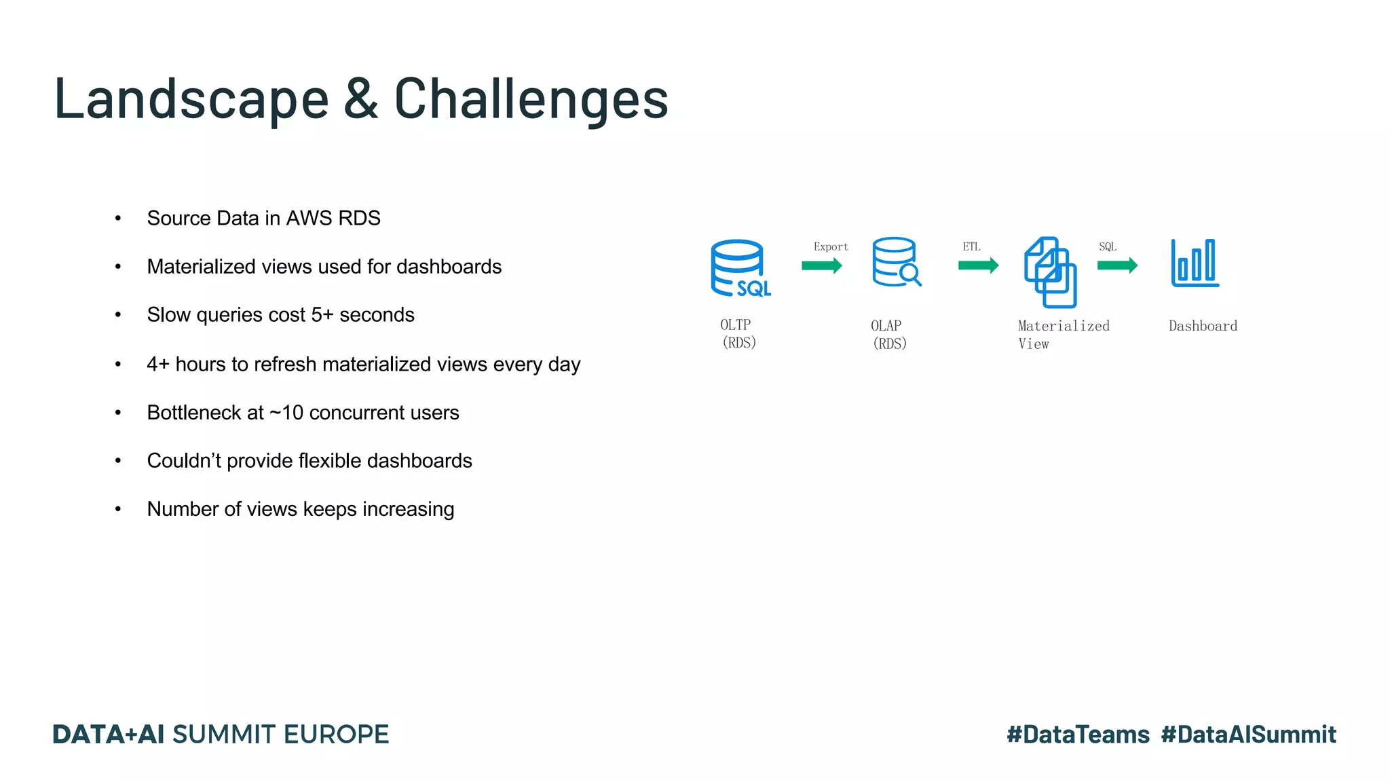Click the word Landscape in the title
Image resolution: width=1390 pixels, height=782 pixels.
coord(191,100)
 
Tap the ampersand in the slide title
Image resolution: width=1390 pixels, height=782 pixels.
coord(361,100)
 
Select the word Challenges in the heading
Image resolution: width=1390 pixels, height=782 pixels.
coord(531,100)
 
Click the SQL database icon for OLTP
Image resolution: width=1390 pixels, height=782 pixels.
coord(740,269)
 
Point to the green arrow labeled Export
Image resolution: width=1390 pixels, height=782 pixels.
coord(821,265)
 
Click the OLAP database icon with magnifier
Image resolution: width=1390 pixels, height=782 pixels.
coord(897,262)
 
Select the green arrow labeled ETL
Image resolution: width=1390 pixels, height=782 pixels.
coord(978,265)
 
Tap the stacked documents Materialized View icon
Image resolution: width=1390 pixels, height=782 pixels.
coord(1050,272)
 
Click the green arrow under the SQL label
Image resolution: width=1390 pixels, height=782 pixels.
coord(1117,265)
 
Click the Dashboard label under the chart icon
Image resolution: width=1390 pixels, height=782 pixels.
coord(1203,327)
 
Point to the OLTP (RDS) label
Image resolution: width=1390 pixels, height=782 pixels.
coord(738,334)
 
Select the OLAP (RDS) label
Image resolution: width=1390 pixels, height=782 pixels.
coord(888,335)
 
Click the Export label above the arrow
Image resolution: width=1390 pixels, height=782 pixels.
coord(831,247)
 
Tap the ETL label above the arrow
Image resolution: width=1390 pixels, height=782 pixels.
coord(971,247)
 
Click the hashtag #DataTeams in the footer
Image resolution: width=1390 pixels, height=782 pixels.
coord(1078,734)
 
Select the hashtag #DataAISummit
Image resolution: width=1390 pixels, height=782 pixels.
coord(1248,734)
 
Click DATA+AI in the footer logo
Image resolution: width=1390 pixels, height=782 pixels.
coord(109,734)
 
